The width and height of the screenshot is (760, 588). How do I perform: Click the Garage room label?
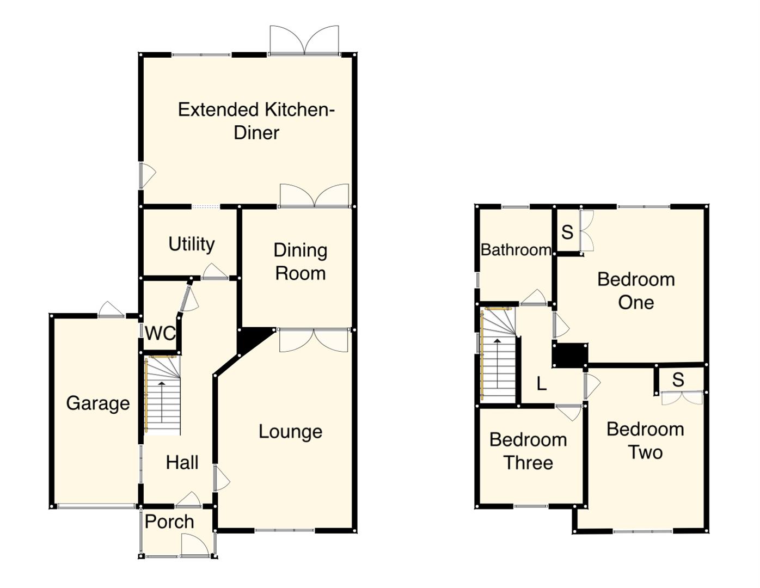(98, 403)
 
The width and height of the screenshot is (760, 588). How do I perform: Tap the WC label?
(160, 333)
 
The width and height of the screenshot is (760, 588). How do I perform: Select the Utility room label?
(191, 244)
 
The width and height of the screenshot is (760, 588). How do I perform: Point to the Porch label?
(169, 522)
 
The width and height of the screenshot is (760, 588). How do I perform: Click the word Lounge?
(290, 432)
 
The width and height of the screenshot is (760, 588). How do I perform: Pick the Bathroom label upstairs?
(516, 250)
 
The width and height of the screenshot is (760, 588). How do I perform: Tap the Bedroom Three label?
(528, 451)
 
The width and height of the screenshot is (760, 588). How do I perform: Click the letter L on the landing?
(541, 384)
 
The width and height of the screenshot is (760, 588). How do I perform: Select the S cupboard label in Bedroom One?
(567, 232)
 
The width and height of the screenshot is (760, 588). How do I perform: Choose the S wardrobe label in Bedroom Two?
(678, 379)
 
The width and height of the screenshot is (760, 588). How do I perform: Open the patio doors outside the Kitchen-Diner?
(304, 41)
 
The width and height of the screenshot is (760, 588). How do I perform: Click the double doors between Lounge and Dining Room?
(314, 340)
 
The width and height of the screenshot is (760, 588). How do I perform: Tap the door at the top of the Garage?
(112, 310)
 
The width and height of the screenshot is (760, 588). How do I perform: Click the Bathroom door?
(534, 298)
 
